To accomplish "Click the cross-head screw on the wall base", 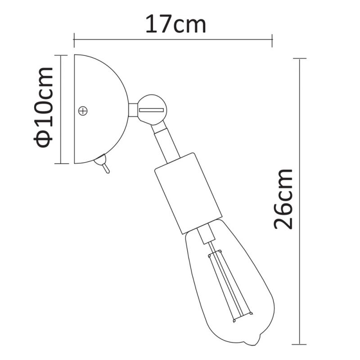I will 83,110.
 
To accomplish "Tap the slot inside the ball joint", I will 152,110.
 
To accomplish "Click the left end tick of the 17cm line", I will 74,39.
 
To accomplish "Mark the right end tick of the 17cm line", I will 272,39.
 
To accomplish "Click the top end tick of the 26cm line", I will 299,59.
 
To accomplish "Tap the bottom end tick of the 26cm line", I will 299,344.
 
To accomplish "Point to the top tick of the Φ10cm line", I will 61,55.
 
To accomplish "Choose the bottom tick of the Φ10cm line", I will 61,163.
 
